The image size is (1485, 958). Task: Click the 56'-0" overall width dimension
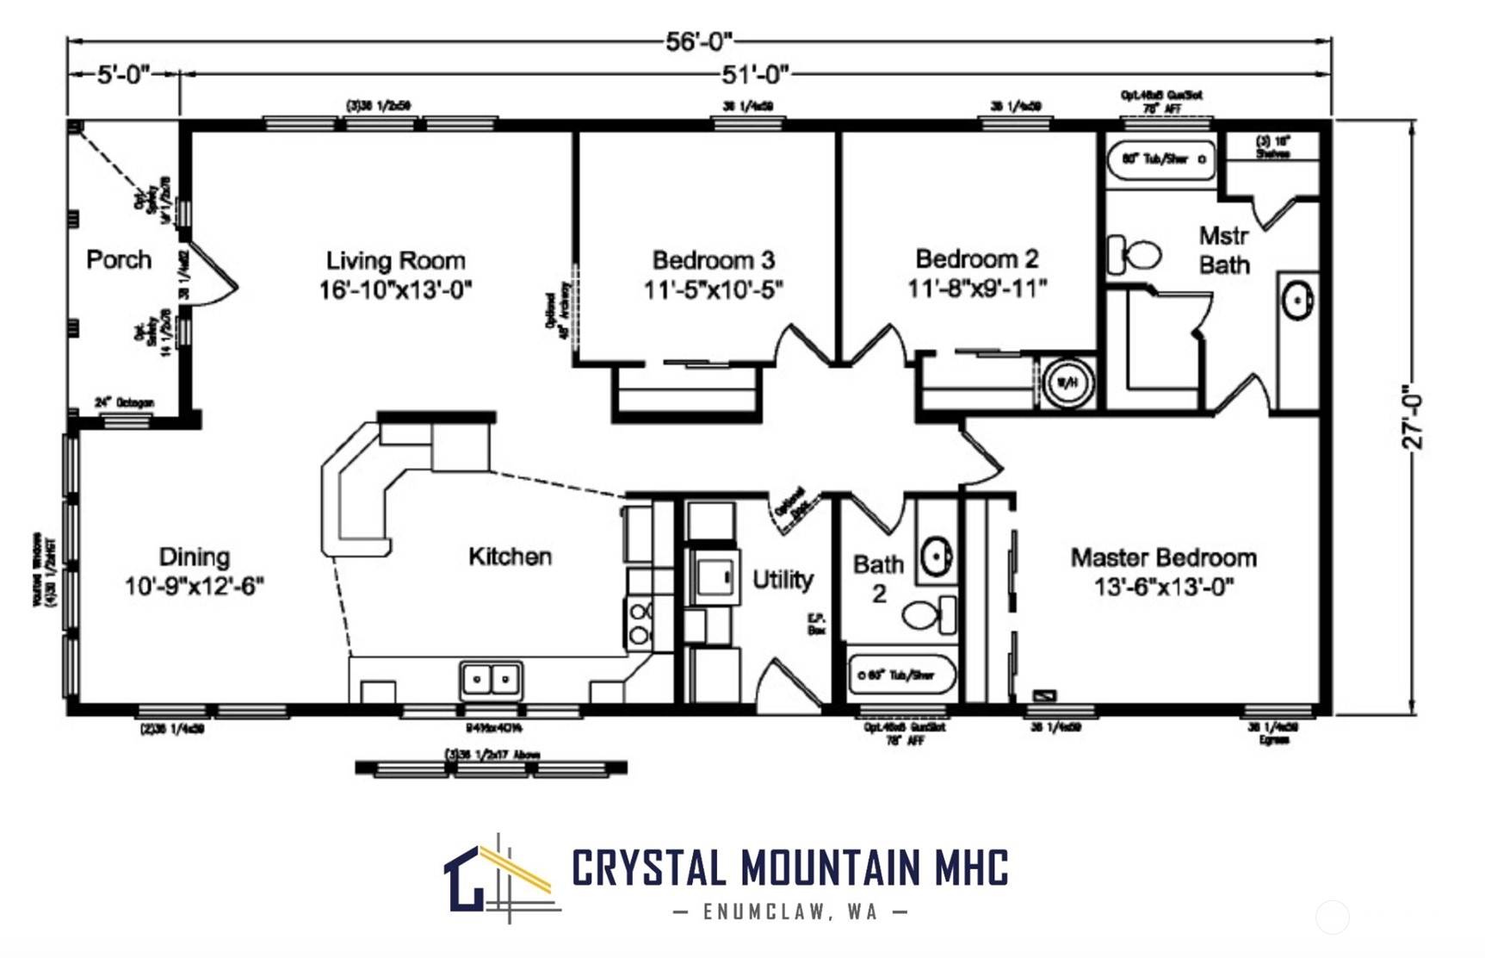click(698, 40)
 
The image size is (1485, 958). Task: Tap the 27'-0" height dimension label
click(1413, 417)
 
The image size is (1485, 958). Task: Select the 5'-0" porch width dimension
click(123, 75)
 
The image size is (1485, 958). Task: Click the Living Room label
click(395, 260)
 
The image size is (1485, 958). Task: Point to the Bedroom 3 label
click(713, 259)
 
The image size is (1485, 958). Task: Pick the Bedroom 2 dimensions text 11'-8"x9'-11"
click(977, 288)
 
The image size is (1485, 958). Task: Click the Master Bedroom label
click(1163, 557)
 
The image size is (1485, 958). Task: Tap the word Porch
click(119, 259)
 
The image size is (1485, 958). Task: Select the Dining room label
click(194, 557)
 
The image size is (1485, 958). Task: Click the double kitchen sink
click(490, 680)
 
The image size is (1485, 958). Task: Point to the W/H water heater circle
click(1067, 383)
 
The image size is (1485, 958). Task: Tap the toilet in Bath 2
click(928, 615)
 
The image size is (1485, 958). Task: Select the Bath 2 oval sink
click(936, 556)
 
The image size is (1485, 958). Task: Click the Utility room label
click(782, 579)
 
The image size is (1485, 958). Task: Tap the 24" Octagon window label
click(125, 402)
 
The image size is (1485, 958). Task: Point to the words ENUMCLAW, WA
click(789, 911)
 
